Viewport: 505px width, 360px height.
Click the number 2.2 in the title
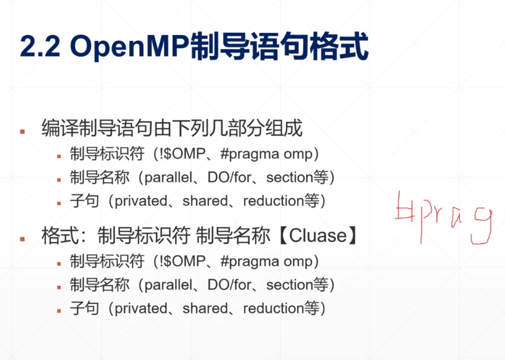click(39, 46)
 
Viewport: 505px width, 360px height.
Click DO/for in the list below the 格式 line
click(231, 285)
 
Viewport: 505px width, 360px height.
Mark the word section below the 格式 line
click(289, 285)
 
